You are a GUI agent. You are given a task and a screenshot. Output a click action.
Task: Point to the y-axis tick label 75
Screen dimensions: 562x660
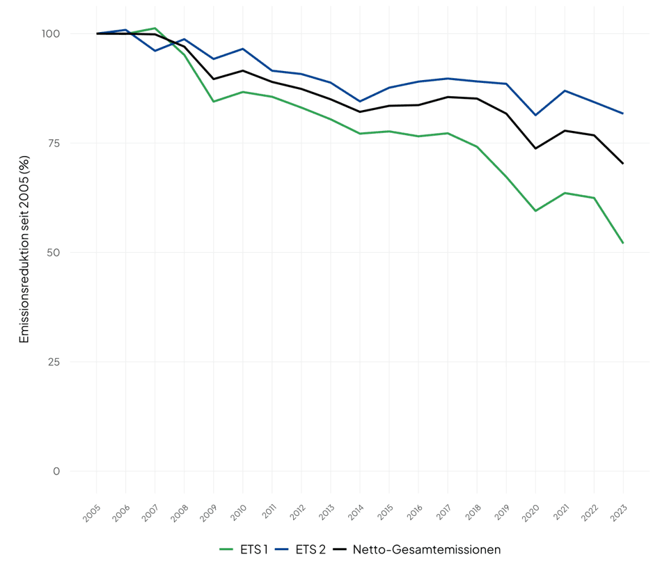point(54,143)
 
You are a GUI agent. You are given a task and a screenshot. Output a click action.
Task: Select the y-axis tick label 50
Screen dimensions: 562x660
point(54,252)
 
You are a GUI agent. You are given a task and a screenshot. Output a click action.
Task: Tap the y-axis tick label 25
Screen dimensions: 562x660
point(54,361)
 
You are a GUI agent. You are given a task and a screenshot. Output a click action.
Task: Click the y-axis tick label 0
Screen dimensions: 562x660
point(56,471)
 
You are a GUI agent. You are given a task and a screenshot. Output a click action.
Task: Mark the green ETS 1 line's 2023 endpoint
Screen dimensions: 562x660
point(623,243)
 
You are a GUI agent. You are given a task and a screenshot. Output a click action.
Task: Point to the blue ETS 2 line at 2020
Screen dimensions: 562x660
point(535,115)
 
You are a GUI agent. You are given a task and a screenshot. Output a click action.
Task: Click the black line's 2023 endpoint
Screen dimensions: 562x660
point(623,164)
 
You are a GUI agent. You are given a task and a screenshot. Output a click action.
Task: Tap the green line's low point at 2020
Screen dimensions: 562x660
point(535,210)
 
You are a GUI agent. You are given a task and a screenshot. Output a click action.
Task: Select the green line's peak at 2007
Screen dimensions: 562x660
point(155,29)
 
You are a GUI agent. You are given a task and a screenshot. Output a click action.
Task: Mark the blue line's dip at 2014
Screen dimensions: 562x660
point(360,101)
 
